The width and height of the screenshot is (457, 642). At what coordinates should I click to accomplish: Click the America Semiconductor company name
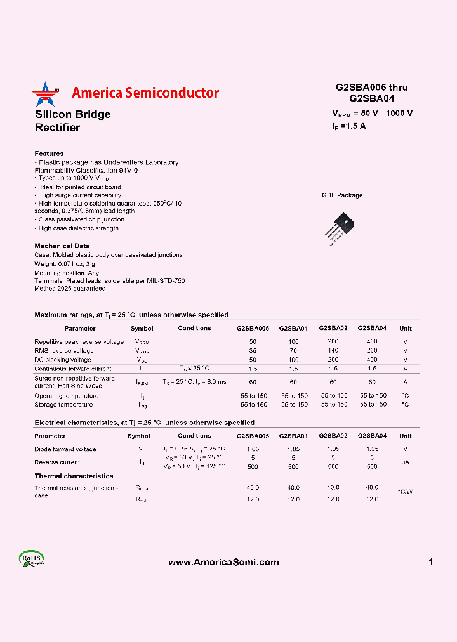(x=145, y=93)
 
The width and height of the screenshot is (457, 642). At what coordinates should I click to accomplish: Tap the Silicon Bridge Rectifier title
(x=72, y=121)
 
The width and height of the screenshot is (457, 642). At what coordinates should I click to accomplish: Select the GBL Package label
(x=342, y=195)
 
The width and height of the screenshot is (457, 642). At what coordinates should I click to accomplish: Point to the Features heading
(x=49, y=154)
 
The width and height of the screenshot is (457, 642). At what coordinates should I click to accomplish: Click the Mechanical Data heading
(x=62, y=246)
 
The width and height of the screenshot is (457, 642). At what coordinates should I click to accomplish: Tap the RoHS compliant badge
(x=31, y=559)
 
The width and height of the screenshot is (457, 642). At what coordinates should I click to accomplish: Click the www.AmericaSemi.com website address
(x=223, y=562)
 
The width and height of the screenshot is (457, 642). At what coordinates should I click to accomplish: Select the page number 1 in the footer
(x=431, y=562)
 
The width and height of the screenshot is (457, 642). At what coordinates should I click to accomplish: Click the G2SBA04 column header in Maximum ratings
(x=372, y=328)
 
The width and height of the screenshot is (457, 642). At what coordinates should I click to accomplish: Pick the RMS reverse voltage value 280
(x=372, y=350)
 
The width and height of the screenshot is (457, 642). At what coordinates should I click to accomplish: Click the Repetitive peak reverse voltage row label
(x=79, y=341)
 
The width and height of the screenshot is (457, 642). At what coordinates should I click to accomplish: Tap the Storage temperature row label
(x=63, y=404)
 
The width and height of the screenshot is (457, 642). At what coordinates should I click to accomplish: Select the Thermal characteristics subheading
(x=74, y=476)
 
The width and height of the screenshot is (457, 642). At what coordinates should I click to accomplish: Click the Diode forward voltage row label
(x=65, y=449)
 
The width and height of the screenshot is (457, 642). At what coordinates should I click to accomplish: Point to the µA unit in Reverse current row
(x=405, y=462)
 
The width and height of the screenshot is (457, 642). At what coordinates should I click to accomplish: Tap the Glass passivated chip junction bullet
(x=79, y=219)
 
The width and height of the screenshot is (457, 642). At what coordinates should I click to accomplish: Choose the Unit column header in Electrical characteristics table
(x=406, y=436)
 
